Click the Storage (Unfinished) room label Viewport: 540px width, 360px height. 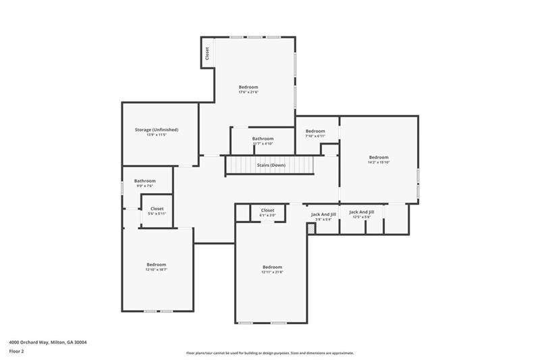point(156,129)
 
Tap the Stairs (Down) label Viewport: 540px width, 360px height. point(271,165)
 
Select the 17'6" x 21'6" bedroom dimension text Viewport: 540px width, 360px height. point(248,93)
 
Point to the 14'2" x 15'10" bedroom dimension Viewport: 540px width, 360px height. point(378,162)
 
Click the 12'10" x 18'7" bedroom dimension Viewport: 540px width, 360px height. point(156,269)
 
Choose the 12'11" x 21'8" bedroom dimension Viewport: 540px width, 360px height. point(272,272)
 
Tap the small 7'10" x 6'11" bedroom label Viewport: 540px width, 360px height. point(315,136)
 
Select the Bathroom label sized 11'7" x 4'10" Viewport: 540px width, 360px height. point(263,143)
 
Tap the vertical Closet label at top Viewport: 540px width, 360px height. point(207,52)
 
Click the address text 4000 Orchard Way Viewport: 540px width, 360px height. point(47,342)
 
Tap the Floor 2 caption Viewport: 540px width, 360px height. point(17,351)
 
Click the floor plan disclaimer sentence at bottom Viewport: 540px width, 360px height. point(270,353)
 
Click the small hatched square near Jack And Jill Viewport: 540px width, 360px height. point(310,229)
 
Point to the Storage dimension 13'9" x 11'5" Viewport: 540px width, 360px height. point(156,135)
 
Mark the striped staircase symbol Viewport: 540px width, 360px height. point(271,165)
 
